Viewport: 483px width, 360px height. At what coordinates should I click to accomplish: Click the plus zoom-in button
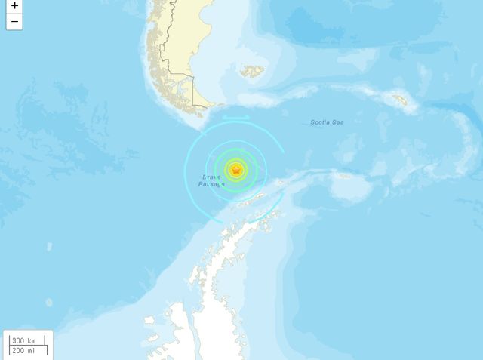(x=14, y=7)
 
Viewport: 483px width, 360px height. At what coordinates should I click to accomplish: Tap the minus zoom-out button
(x=14, y=22)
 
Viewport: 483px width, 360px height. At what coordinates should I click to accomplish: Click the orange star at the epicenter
(x=236, y=170)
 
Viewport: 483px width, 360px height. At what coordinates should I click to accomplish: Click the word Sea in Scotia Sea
(x=338, y=122)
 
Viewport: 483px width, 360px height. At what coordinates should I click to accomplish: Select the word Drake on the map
(x=211, y=177)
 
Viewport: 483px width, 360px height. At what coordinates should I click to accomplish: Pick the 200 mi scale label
(x=23, y=350)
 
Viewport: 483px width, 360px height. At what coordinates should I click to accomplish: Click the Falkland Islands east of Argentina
(x=252, y=72)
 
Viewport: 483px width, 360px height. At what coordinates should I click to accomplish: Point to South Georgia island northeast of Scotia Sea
(x=399, y=99)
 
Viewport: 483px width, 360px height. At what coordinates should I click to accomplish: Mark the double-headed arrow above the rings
(x=235, y=117)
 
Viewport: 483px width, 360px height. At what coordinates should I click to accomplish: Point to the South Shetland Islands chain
(x=252, y=199)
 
